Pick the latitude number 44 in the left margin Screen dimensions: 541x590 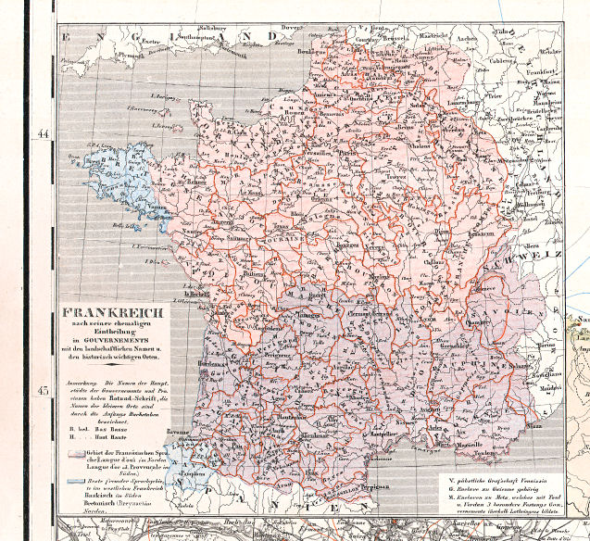point(42,133)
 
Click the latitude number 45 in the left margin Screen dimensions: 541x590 point(42,390)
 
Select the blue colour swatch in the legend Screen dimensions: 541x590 point(75,483)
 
